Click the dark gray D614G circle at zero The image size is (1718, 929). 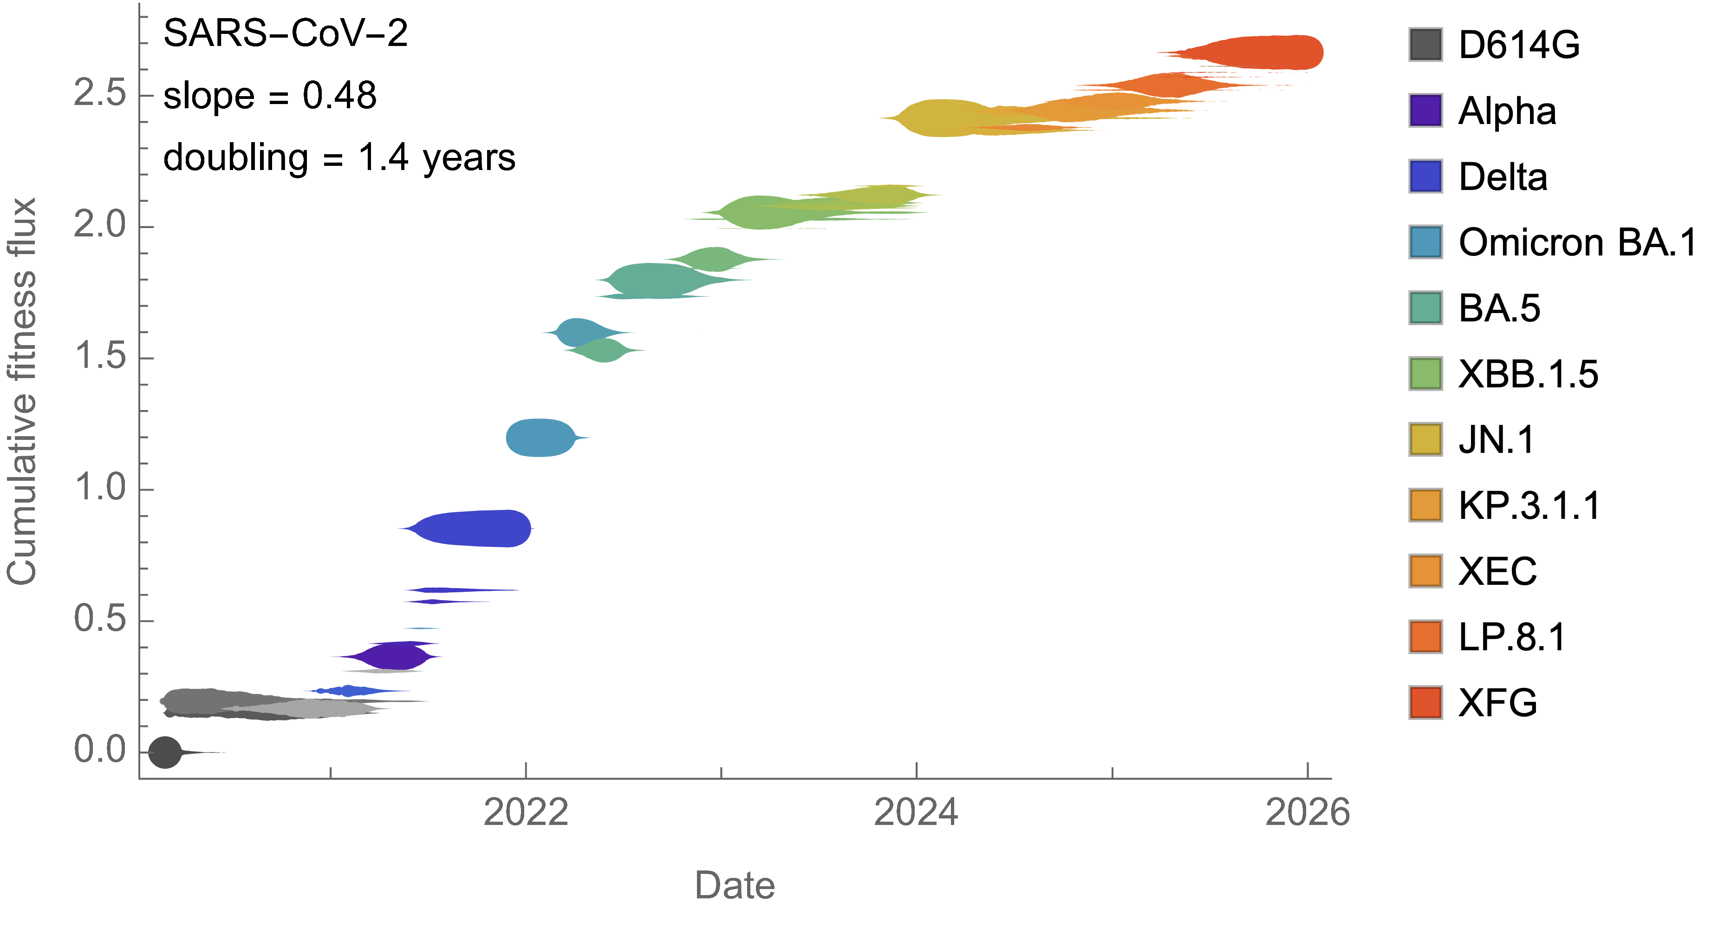pos(165,752)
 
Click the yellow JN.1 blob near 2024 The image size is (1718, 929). pos(940,118)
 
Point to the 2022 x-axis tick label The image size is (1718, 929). pos(526,812)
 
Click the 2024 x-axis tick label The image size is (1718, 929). pos(917,812)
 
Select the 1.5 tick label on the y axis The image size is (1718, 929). pos(100,356)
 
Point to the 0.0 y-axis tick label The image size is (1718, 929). pos(100,750)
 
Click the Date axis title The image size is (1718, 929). pos(735,886)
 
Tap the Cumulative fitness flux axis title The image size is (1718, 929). pos(21,391)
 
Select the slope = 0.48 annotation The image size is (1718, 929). pos(270,95)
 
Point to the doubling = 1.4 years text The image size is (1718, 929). pos(339,158)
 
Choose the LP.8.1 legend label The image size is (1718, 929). pos(1512,637)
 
